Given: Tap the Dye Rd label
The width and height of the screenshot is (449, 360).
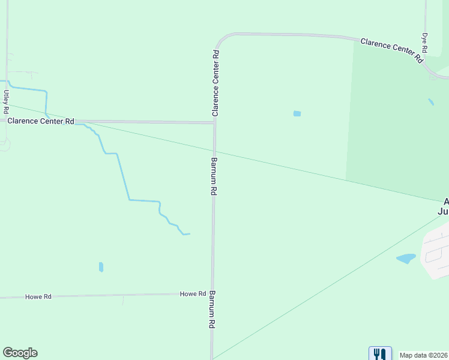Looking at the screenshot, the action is coord(424,43).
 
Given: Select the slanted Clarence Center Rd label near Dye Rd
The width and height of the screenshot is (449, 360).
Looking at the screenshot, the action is coord(391,50).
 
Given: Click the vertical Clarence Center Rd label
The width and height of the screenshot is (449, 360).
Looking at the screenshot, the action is coord(215,83).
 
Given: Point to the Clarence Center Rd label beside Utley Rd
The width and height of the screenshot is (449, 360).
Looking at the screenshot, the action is coord(40,121).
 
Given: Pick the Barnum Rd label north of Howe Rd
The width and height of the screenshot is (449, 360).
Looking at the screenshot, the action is coord(213,176).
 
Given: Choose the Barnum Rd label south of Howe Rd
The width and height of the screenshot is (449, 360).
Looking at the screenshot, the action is coord(211,310).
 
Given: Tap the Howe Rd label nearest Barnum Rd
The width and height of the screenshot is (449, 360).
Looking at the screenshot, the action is coord(193,294).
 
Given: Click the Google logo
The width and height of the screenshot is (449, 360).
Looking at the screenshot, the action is coord(20,353).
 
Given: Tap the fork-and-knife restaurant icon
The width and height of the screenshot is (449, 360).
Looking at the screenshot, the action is coord(379,354).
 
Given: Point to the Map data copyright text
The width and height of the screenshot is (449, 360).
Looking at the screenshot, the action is coord(424,355).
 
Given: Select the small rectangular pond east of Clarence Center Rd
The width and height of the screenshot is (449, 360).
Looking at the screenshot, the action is coord(297,113).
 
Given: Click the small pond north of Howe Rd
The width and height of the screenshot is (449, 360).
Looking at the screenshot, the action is coord(101,267).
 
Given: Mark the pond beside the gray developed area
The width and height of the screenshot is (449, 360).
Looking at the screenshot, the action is coord(406,259).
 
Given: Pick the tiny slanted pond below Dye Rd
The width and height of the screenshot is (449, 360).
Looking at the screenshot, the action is coord(431,102).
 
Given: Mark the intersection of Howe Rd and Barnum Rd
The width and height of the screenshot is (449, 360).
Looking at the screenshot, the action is coord(212,294).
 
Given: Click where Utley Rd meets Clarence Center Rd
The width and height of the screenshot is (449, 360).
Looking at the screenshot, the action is coord(7,121).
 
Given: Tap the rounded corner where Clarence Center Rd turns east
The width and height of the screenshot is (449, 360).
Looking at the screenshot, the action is coord(221,39).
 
